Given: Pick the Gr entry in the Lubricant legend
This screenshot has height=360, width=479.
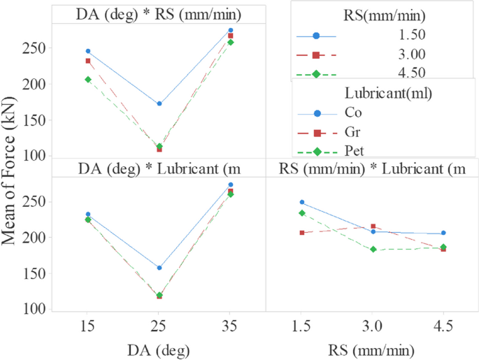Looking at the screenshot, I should coord(352,131).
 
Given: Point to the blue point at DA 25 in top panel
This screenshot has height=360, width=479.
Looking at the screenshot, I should coord(159,103).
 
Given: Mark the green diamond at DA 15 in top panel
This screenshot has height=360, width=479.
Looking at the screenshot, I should coord(87,80).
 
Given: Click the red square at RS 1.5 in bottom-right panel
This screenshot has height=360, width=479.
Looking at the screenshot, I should coord(302,232).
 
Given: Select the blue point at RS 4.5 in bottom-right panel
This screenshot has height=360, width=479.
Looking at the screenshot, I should coord(443,233).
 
